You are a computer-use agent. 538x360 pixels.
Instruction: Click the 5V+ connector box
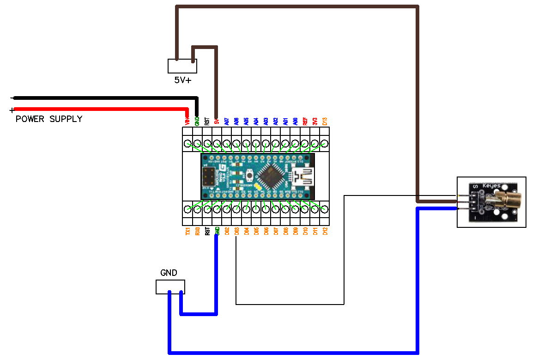tap(182, 66)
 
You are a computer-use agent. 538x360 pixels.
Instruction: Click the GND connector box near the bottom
tap(170, 287)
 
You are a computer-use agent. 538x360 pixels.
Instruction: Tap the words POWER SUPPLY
tap(49, 119)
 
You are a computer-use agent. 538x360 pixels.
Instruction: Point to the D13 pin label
tap(325, 121)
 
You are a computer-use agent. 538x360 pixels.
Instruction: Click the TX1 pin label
tap(188, 231)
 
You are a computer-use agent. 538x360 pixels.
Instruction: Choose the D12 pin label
tap(325, 231)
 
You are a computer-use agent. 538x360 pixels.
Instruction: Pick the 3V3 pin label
tap(315, 121)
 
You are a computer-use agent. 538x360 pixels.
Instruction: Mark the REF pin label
tap(305, 121)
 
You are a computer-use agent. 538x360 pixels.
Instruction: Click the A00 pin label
tap(295, 121)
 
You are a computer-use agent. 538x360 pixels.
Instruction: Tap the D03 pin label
tap(236, 231)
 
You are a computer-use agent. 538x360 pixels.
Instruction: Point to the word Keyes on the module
tap(491, 186)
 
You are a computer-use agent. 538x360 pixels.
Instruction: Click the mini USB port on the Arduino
tap(305, 177)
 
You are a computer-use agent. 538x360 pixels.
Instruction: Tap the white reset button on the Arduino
tap(250, 176)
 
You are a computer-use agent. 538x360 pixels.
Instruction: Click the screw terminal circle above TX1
tap(188, 209)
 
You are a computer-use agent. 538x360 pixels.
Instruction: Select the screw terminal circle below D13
tap(325, 144)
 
